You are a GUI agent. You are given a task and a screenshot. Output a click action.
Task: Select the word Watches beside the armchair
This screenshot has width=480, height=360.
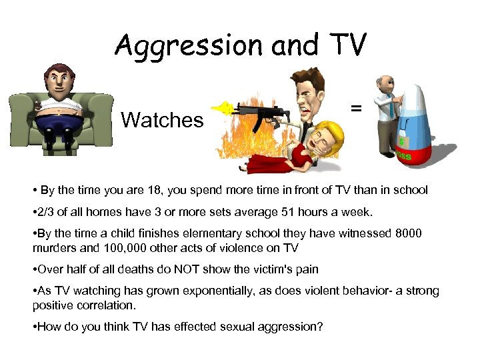pos(162,121)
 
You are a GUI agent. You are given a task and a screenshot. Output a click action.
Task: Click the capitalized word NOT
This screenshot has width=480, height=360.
pos(180,269)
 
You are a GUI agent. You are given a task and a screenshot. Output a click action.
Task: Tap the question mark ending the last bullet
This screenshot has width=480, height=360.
pos(321,326)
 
